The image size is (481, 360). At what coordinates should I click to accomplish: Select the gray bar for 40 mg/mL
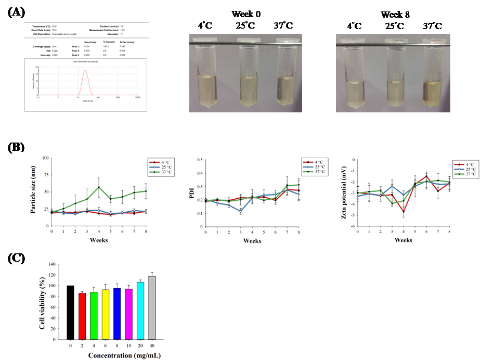[x=152, y=307]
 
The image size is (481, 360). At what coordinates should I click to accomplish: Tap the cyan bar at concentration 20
[x=139, y=311]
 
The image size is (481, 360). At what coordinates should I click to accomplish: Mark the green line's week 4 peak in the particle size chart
[x=98, y=187]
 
